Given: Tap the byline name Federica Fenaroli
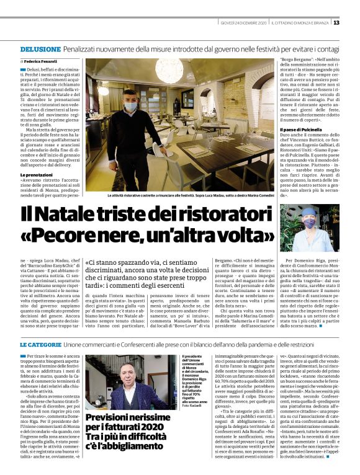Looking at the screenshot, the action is [42, 63].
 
